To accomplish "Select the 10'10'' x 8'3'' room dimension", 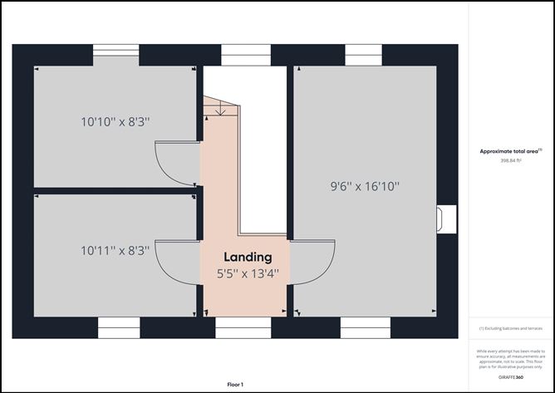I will (x=115, y=122).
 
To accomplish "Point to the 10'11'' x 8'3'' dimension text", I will (x=115, y=249).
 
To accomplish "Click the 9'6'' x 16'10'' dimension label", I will (x=365, y=186).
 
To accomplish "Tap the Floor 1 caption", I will (x=235, y=385).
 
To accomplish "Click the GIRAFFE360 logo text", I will (x=510, y=377).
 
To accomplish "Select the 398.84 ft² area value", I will (x=510, y=161).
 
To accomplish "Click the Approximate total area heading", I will (x=509, y=151).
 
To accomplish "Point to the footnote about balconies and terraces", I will (x=510, y=329).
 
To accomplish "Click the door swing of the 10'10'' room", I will (x=178, y=163).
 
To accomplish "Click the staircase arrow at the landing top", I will (x=218, y=112).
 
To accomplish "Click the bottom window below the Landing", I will (x=243, y=332).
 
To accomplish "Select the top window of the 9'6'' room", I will (x=363, y=54).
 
